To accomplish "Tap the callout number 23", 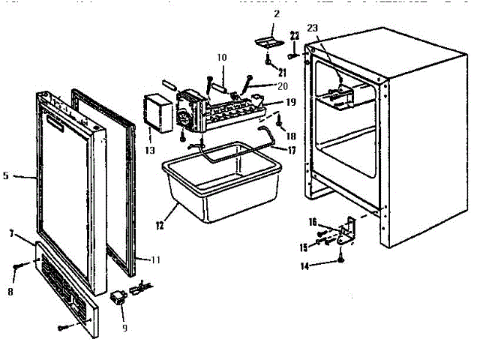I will point(313,28).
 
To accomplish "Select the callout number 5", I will point(6,176).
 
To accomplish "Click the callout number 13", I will point(150,150).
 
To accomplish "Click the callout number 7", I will point(12,234).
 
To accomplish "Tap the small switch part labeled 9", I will point(118,298).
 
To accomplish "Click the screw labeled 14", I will point(341,259).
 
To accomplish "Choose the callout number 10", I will point(222,57).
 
